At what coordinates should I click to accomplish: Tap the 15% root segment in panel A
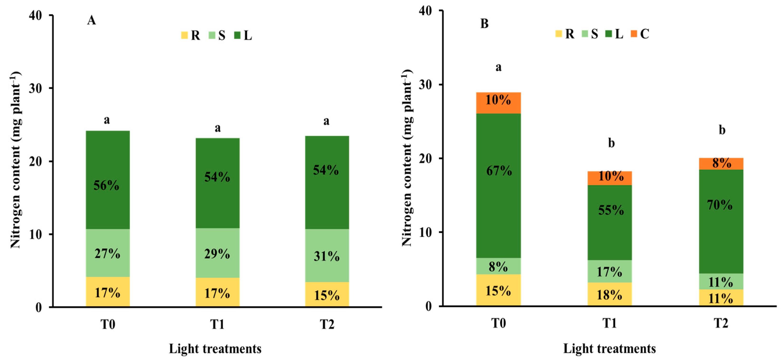coord(327,294)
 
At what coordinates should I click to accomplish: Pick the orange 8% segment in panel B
coord(721,164)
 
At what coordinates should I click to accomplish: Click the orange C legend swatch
coord(634,34)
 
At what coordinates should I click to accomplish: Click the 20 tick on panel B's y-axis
coord(426,158)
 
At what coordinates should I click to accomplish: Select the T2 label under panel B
coord(721,323)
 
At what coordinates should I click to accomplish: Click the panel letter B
coord(485,23)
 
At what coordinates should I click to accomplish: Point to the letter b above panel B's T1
coord(611,143)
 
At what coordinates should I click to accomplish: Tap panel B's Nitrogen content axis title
coord(407,158)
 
